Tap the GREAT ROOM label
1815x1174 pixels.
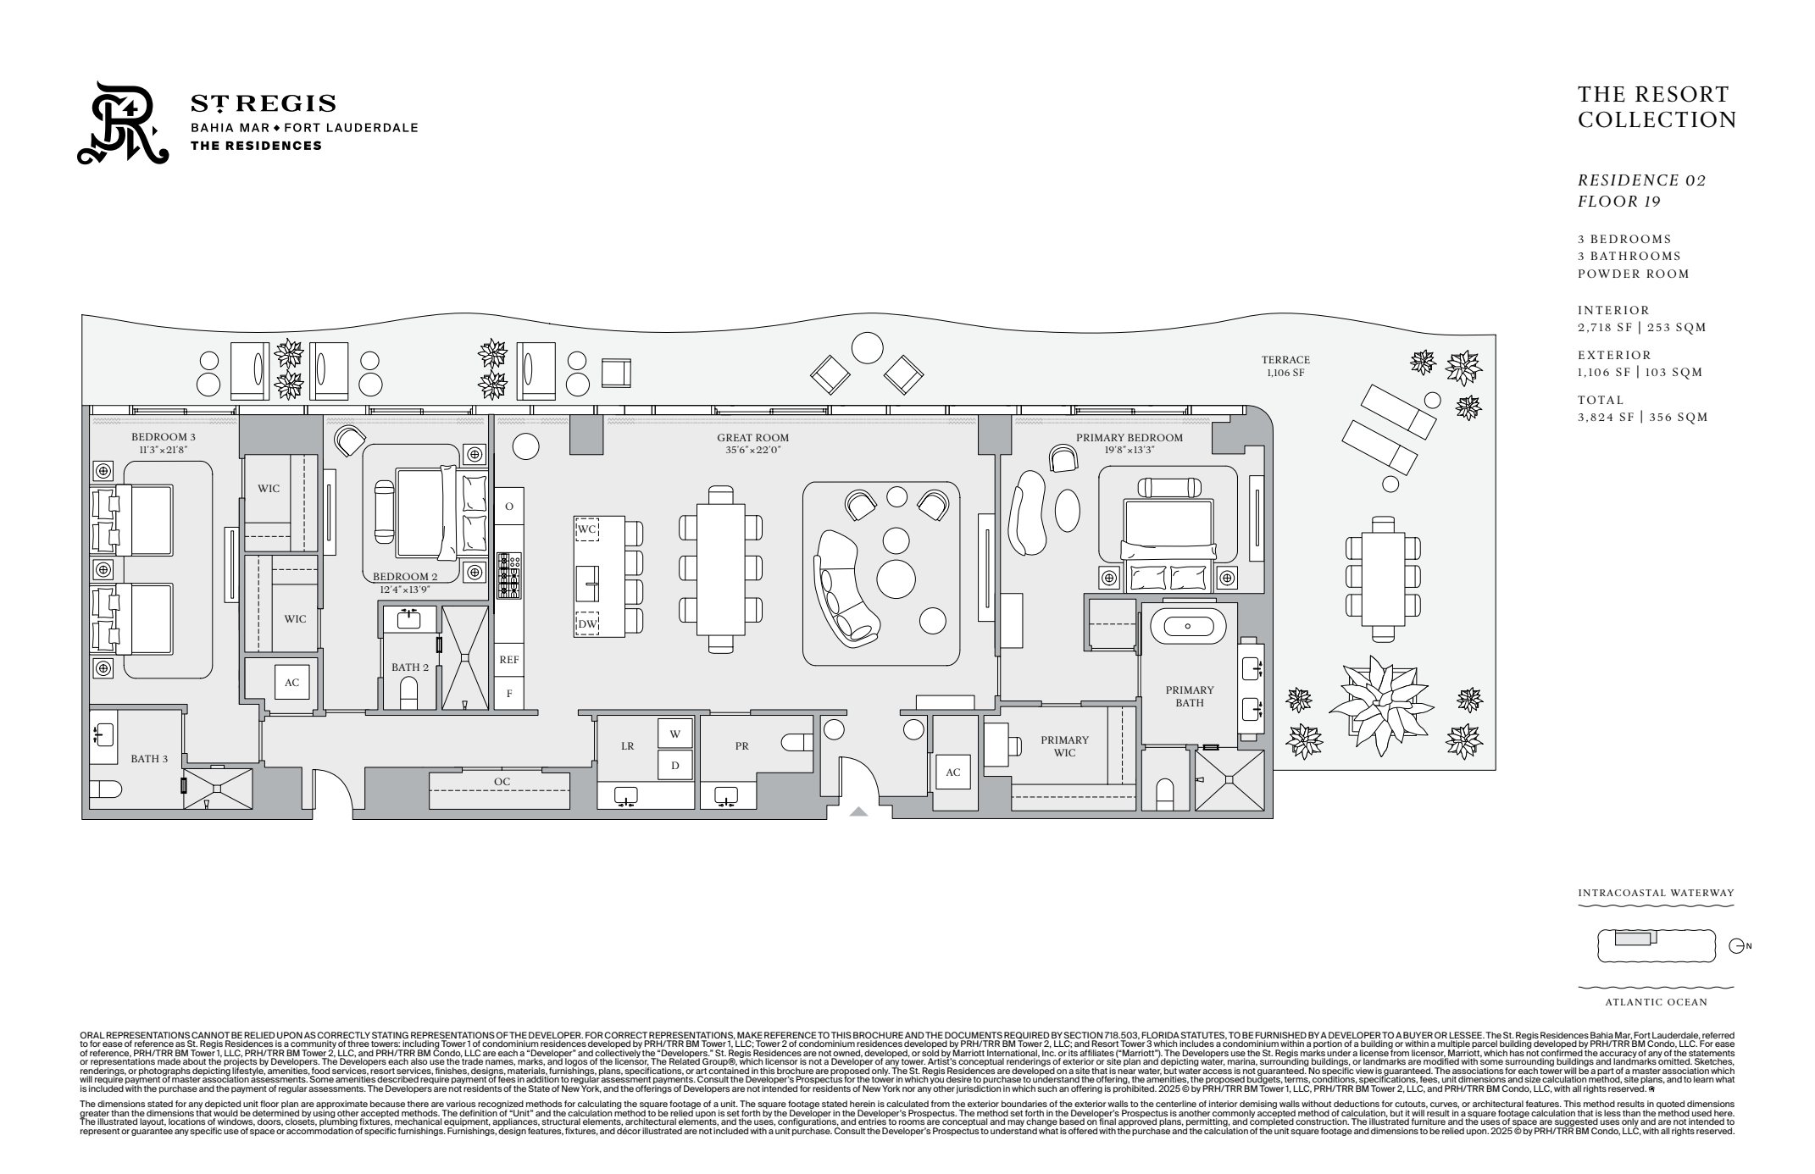pyautogui.click(x=752, y=439)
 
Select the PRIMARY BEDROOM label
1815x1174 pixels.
pyautogui.click(x=1129, y=438)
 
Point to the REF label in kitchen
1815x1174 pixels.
pyautogui.click(x=508, y=659)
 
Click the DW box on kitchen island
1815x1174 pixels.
pyautogui.click(x=587, y=624)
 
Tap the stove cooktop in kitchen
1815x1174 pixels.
pyautogui.click(x=508, y=575)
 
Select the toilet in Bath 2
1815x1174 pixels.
pyautogui.click(x=409, y=693)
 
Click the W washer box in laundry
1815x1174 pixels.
pyautogui.click(x=675, y=734)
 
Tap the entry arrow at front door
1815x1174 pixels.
pyautogui.click(x=858, y=811)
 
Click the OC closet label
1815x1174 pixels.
pyautogui.click(x=502, y=781)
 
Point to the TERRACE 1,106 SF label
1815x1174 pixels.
pyautogui.click(x=1285, y=366)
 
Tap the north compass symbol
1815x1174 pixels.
pyautogui.click(x=1737, y=945)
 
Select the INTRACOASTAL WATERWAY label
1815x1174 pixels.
pyautogui.click(x=1656, y=893)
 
